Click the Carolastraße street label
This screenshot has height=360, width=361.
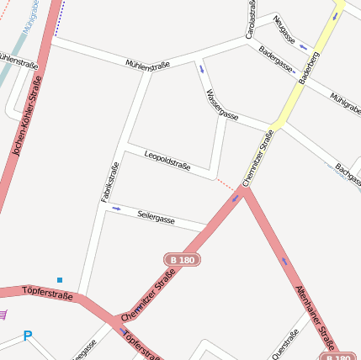click(250, 19)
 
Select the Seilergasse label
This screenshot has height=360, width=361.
click(156, 218)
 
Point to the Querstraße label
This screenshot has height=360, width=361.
click(286, 346)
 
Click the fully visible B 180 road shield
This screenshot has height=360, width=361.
click(182, 261)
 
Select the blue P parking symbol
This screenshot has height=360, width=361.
click(28, 336)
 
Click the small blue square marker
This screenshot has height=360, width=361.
click(60, 279)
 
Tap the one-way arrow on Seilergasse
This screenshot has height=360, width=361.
click(116, 208)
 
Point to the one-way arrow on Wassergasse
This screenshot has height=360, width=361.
click(202, 69)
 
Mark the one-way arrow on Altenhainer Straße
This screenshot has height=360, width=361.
click(284, 262)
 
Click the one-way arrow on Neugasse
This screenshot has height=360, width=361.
click(303, 47)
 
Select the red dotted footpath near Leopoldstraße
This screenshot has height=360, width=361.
click(225, 183)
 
